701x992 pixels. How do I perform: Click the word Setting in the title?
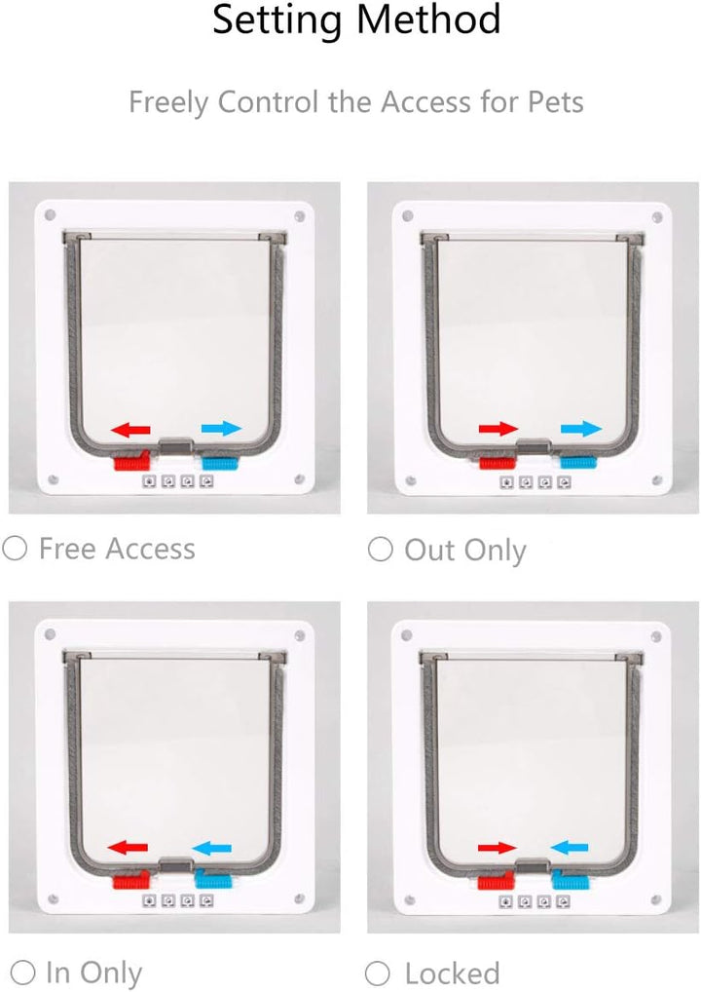click(277, 20)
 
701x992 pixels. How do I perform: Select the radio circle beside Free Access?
click(15, 548)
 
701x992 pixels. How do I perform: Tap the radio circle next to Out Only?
click(380, 550)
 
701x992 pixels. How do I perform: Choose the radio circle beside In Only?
click(22, 972)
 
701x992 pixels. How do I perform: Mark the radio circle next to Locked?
click(378, 973)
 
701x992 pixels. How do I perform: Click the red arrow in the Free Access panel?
click(130, 430)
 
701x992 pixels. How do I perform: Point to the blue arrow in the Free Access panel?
click(221, 429)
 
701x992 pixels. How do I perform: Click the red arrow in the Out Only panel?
click(498, 429)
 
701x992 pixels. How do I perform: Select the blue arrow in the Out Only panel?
click(581, 429)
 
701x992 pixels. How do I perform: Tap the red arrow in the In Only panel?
click(128, 847)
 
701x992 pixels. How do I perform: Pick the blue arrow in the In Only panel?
click(211, 848)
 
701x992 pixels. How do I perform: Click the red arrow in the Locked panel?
click(497, 848)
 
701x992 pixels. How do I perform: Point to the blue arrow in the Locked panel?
click(570, 847)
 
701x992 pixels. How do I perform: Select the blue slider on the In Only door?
click(213, 879)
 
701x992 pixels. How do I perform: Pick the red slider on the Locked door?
click(497, 881)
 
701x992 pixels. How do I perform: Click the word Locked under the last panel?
click(452, 973)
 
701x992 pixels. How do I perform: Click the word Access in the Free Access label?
click(151, 549)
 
